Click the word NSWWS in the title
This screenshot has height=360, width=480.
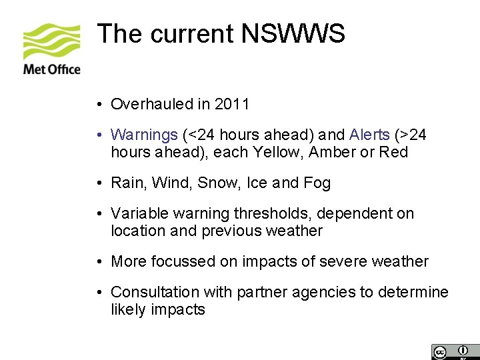tap(294, 33)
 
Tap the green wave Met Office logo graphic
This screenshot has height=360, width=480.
tap(51, 41)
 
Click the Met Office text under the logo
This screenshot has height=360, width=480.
tap(51, 69)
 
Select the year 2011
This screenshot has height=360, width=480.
tap(232, 104)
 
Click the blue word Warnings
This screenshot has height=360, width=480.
tap(144, 135)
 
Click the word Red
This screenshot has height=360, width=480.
tap(393, 153)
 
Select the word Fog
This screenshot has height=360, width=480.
tap(317, 183)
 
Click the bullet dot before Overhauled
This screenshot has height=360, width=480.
tap(98, 105)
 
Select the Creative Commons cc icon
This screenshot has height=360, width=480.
tap(439, 351)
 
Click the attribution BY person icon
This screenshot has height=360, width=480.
tap(462, 351)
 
